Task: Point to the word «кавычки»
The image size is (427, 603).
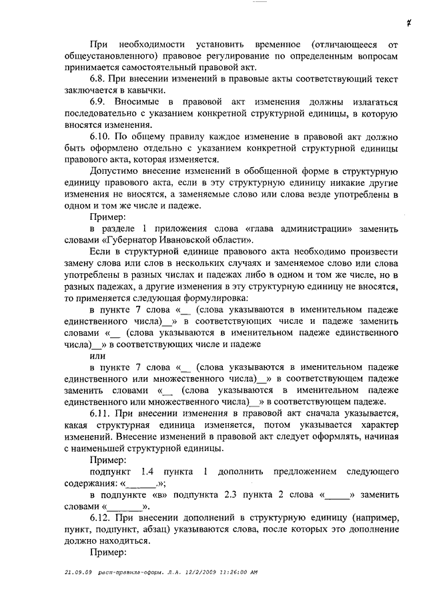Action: [x=143, y=90]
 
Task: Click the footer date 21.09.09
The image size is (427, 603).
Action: [x=79, y=572]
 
